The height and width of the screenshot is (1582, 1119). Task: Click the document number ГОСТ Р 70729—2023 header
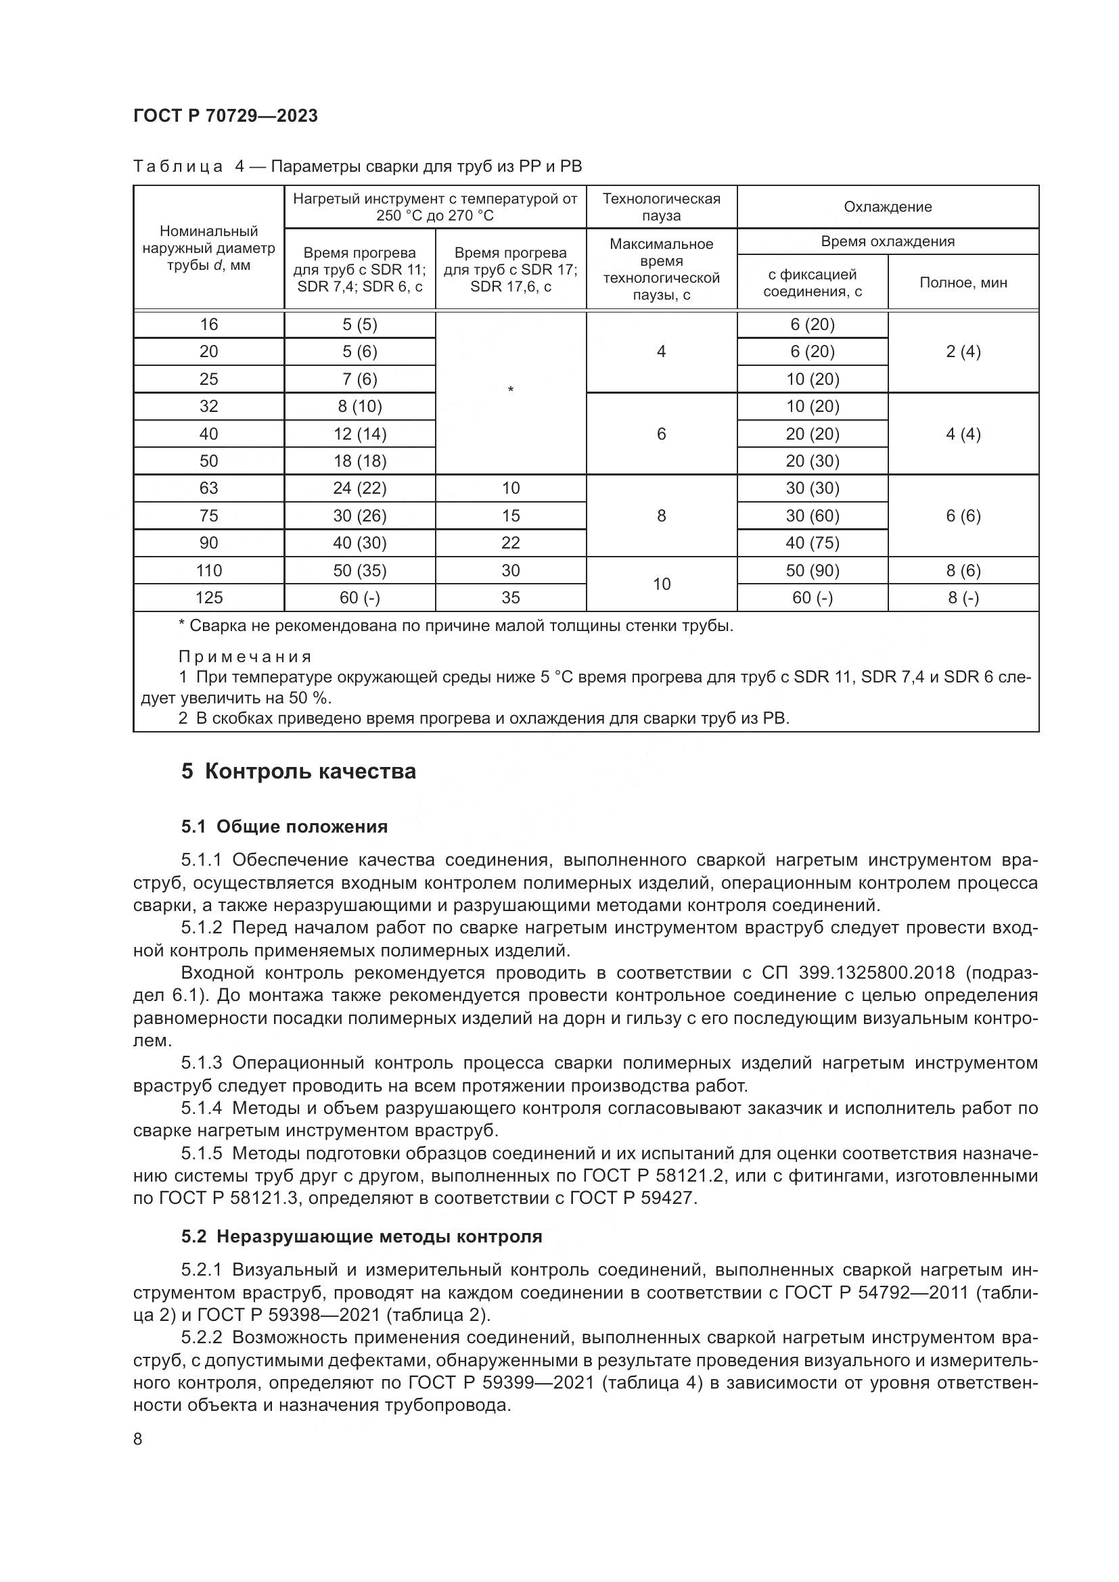point(225,116)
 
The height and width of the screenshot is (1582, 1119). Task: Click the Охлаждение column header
point(888,207)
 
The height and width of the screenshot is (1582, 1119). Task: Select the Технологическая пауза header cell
point(661,207)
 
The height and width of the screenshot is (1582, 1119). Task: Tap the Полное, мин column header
point(963,283)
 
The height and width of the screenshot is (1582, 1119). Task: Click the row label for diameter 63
point(208,488)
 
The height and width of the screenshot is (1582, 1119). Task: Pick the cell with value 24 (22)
point(359,488)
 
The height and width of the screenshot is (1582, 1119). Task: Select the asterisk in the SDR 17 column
point(510,391)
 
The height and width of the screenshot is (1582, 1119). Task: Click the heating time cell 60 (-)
point(359,597)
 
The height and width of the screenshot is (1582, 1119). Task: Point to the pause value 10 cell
point(661,584)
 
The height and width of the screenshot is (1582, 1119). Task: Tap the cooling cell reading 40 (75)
point(812,543)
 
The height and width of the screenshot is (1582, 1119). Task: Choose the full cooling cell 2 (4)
point(963,352)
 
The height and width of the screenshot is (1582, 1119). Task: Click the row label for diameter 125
point(208,597)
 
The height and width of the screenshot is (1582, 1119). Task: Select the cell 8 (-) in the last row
point(963,597)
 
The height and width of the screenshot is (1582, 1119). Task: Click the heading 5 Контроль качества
point(298,771)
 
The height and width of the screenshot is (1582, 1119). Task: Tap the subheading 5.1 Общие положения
point(284,826)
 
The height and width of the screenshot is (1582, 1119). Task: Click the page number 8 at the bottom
point(138,1439)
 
